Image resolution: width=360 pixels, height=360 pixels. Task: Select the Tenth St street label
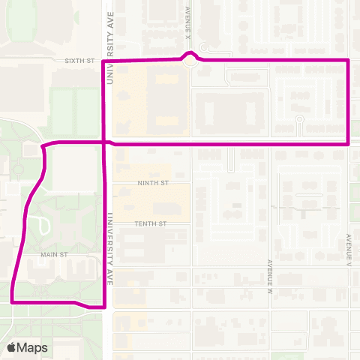point(150,223)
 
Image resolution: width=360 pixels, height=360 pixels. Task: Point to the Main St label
point(54,254)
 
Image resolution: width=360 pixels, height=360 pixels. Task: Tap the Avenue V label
point(349,250)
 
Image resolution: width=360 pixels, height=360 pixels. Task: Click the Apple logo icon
point(12,347)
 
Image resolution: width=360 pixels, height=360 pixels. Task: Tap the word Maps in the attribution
point(33,348)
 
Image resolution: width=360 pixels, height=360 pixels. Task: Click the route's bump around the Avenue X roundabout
point(192,54)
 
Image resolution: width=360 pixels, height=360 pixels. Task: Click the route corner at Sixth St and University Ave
point(103,61)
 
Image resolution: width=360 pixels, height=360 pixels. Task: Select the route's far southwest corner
point(13,301)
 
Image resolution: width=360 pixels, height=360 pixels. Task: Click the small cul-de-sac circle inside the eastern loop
point(299,119)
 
